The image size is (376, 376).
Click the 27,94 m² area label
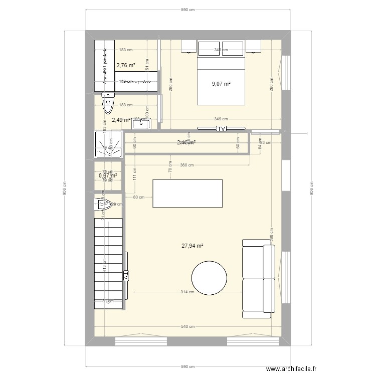pos(192,246)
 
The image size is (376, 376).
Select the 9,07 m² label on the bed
pos(221,84)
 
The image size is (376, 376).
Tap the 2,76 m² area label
pos(126,65)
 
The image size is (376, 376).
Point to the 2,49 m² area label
pos(121,120)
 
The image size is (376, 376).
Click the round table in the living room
pos(209,277)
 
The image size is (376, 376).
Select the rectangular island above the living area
pos(187,193)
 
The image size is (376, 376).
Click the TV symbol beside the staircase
pos(126,276)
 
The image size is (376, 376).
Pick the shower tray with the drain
pos(109,144)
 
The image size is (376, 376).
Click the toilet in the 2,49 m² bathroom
pos(108,103)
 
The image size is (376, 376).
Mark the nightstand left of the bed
pos(188,47)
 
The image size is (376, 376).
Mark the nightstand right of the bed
pos(254,47)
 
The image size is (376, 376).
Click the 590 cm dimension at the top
pos(187,10)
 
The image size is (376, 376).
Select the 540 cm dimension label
pos(187,327)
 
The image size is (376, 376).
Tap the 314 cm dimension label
pos(187,292)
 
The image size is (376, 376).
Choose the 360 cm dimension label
pos(187,164)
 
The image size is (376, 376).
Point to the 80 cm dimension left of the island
pos(139,197)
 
